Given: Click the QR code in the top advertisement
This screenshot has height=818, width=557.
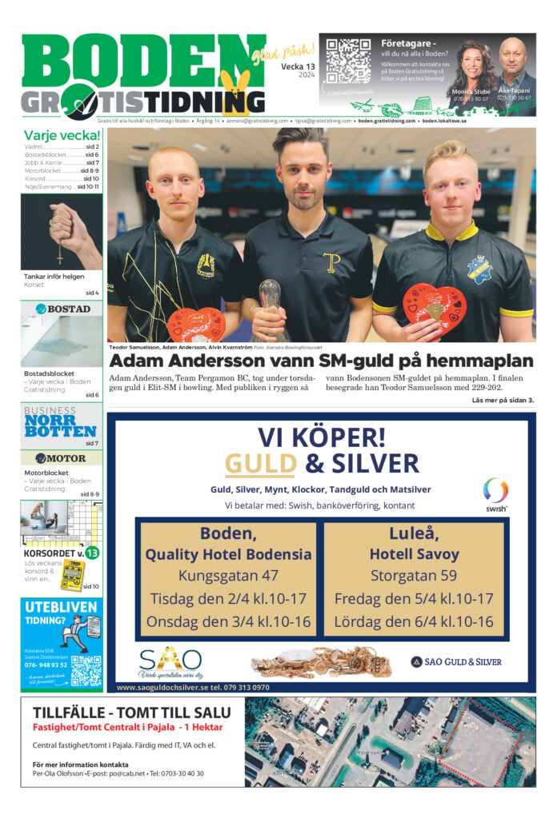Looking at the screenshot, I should [x=348, y=61].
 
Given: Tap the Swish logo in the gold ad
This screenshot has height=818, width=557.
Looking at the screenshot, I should [x=495, y=493].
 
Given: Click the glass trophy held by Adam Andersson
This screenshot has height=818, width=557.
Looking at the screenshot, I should [x=270, y=299].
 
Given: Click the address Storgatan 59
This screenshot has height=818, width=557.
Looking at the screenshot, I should [x=413, y=576].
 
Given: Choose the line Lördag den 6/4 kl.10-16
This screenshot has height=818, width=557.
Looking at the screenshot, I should [x=413, y=621].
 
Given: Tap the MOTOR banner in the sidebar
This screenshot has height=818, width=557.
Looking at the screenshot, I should [x=62, y=458].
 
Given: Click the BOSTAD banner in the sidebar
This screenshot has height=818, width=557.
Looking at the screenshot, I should [x=62, y=309].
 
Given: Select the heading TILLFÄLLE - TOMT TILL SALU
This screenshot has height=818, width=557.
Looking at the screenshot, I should [x=131, y=712].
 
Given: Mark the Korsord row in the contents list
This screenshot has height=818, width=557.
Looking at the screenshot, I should [x=62, y=178].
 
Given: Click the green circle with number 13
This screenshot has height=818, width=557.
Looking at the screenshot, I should [x=92, y=553].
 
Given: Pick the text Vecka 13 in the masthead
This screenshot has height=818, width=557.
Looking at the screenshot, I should [x=298, y=66].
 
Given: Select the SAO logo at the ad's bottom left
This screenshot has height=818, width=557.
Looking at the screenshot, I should [x=170, y=661].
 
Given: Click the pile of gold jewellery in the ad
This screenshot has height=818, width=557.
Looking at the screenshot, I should [x=320, y=662].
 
